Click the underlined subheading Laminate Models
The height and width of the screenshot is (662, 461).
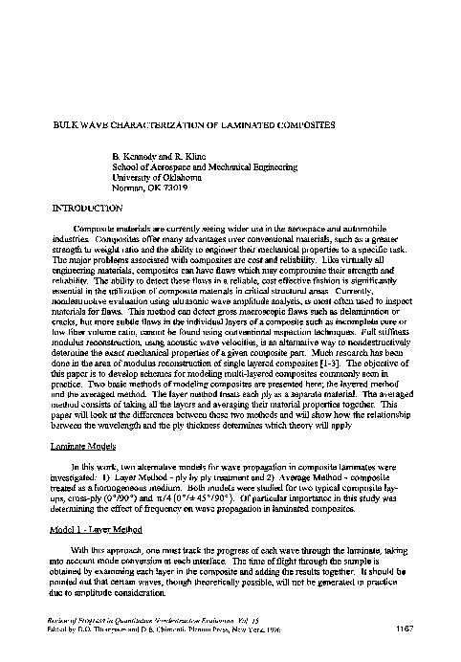click(x=81, y=449)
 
